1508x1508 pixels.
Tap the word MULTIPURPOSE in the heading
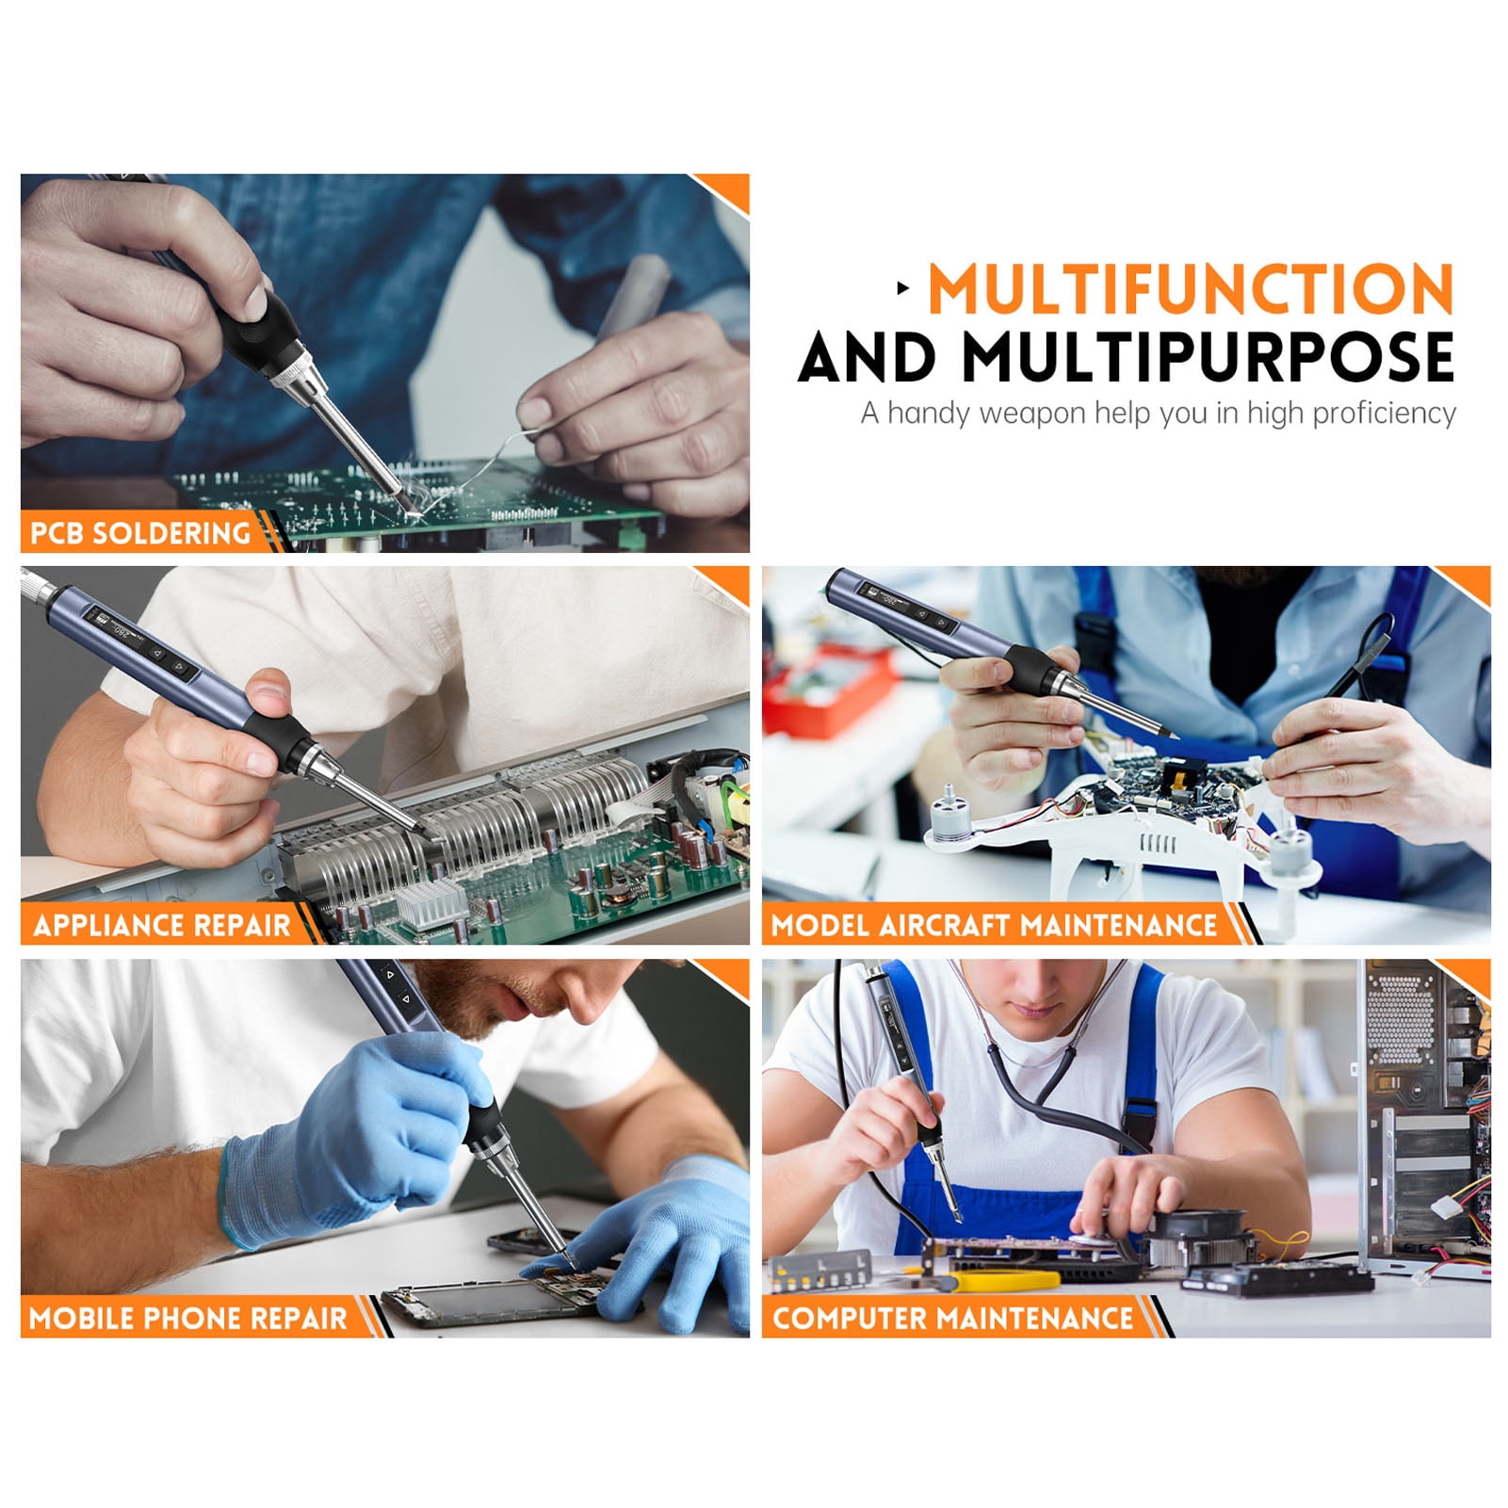(1208, 357)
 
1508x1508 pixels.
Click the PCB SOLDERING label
(140, 533)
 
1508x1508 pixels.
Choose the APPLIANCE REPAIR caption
(162, 926)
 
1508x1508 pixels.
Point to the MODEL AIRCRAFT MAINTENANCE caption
(995, 926)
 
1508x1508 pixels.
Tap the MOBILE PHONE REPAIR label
(188, 1318)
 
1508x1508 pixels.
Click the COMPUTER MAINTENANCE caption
(953, 1318)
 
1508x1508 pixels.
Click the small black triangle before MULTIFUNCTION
(904, 288)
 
